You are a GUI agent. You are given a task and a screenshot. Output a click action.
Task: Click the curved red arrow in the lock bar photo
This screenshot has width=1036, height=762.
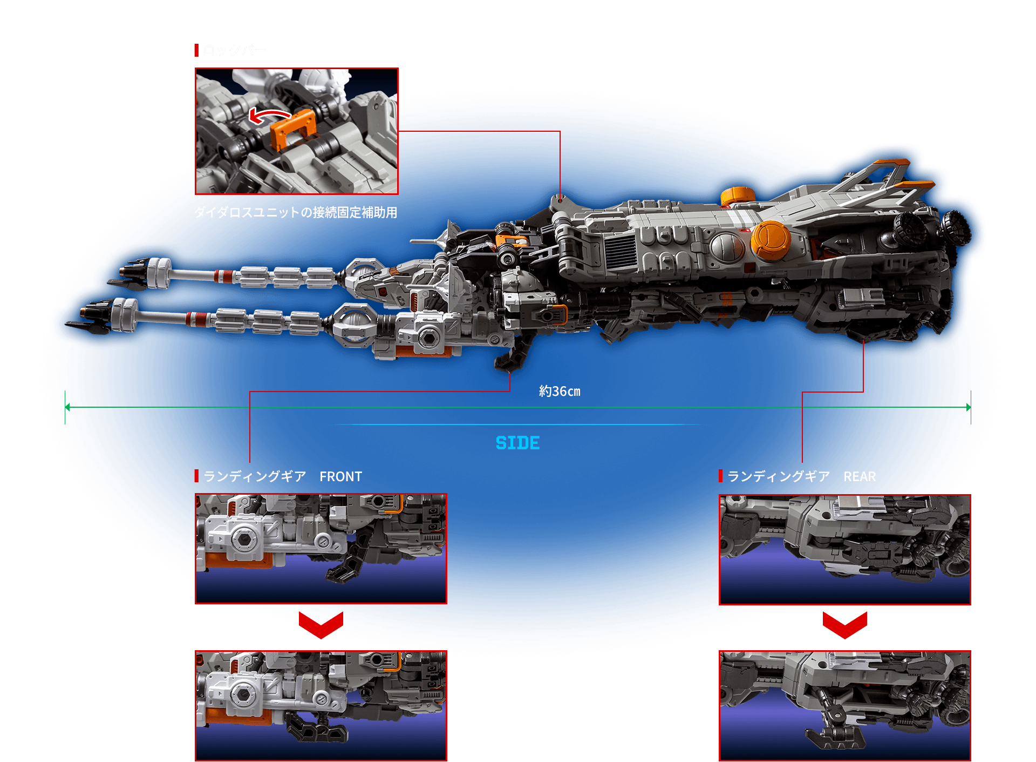[x=268, y=115]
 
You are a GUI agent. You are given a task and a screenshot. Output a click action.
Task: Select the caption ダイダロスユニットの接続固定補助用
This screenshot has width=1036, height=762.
[x=295, y=213]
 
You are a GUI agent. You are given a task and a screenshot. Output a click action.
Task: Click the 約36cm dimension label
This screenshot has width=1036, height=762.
[x=560, y=392]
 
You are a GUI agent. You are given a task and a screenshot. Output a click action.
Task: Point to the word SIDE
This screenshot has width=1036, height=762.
[x=517, y=443]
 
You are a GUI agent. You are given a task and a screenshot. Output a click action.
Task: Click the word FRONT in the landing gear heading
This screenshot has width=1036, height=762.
[x=340, y=477]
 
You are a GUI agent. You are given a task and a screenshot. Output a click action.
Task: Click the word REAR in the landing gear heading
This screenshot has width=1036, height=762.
[x=860, y=477]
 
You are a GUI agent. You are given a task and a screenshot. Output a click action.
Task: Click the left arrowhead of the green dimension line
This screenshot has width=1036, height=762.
[x=67, y=407]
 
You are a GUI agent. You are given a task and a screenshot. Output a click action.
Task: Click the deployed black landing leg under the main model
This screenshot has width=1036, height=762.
[x=513, y=356]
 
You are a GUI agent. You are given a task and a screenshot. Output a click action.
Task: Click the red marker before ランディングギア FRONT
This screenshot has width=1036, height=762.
[x=196, y=476]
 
